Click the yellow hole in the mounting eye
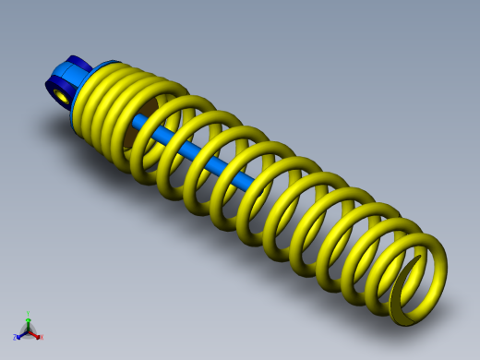click(x=61, y=94)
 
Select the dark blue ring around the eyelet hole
click(x=54, y=90)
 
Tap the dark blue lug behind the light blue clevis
click(x=78, y=63)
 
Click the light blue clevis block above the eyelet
click(x=67, y=75)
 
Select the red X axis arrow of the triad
click(x=35, y=335)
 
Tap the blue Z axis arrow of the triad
click(x=21, y=334)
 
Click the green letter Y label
click(x=29, y=314)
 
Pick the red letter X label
click(x=41, y=338)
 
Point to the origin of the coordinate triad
click(x=29, y=331)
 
